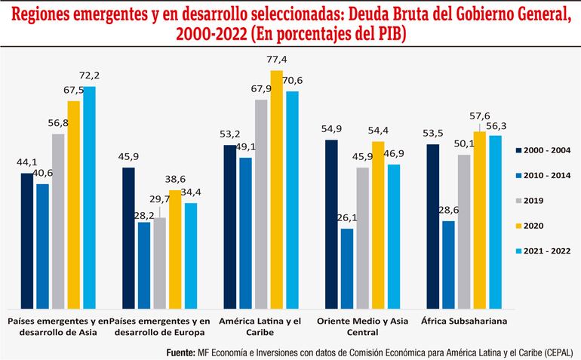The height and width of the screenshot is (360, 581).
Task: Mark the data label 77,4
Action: pyautogui.click(x=277, y=60)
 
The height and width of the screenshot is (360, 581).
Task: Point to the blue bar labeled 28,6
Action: pyautogui.click(x=448, y=264)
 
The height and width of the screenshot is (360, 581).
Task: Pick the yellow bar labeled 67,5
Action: pyautogui.click(x=74, y=204)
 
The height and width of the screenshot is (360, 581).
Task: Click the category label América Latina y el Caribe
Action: pyautogui.click(x=260, y=327)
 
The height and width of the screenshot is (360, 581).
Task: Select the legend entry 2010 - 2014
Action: pyautogui.click(x=543, y=175)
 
